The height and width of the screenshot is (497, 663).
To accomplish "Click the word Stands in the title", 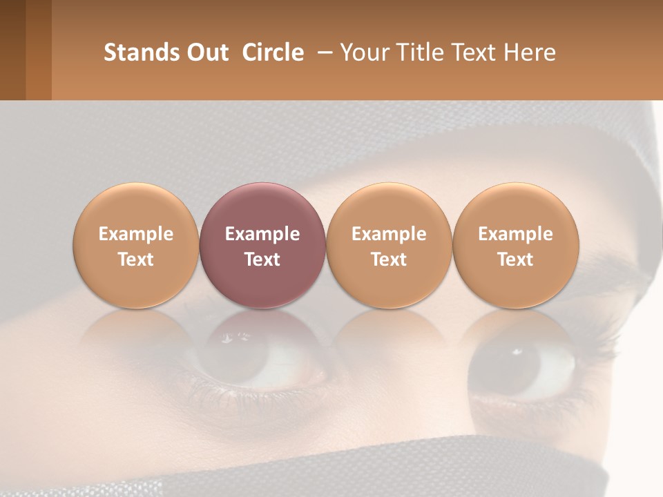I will pos(133,52).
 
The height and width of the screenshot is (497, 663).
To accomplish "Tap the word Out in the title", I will pos(205,52).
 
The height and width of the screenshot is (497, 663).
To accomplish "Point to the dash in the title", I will pos(322,52).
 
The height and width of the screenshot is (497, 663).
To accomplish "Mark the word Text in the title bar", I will pos(477,52).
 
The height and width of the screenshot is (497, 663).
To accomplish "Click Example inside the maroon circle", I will pos(262,234).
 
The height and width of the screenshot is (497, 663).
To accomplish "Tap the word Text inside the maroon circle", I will pos(262,260).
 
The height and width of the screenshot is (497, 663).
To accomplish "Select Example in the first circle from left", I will pos(136,234).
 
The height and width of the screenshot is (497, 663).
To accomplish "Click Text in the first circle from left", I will pos(136,260).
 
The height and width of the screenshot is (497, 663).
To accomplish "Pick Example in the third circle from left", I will pos(389,234).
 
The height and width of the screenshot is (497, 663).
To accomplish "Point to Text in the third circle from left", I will pos(389,260).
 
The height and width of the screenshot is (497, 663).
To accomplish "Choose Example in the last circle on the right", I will pos(515,234).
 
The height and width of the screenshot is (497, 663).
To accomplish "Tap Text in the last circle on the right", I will pos(515,260).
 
